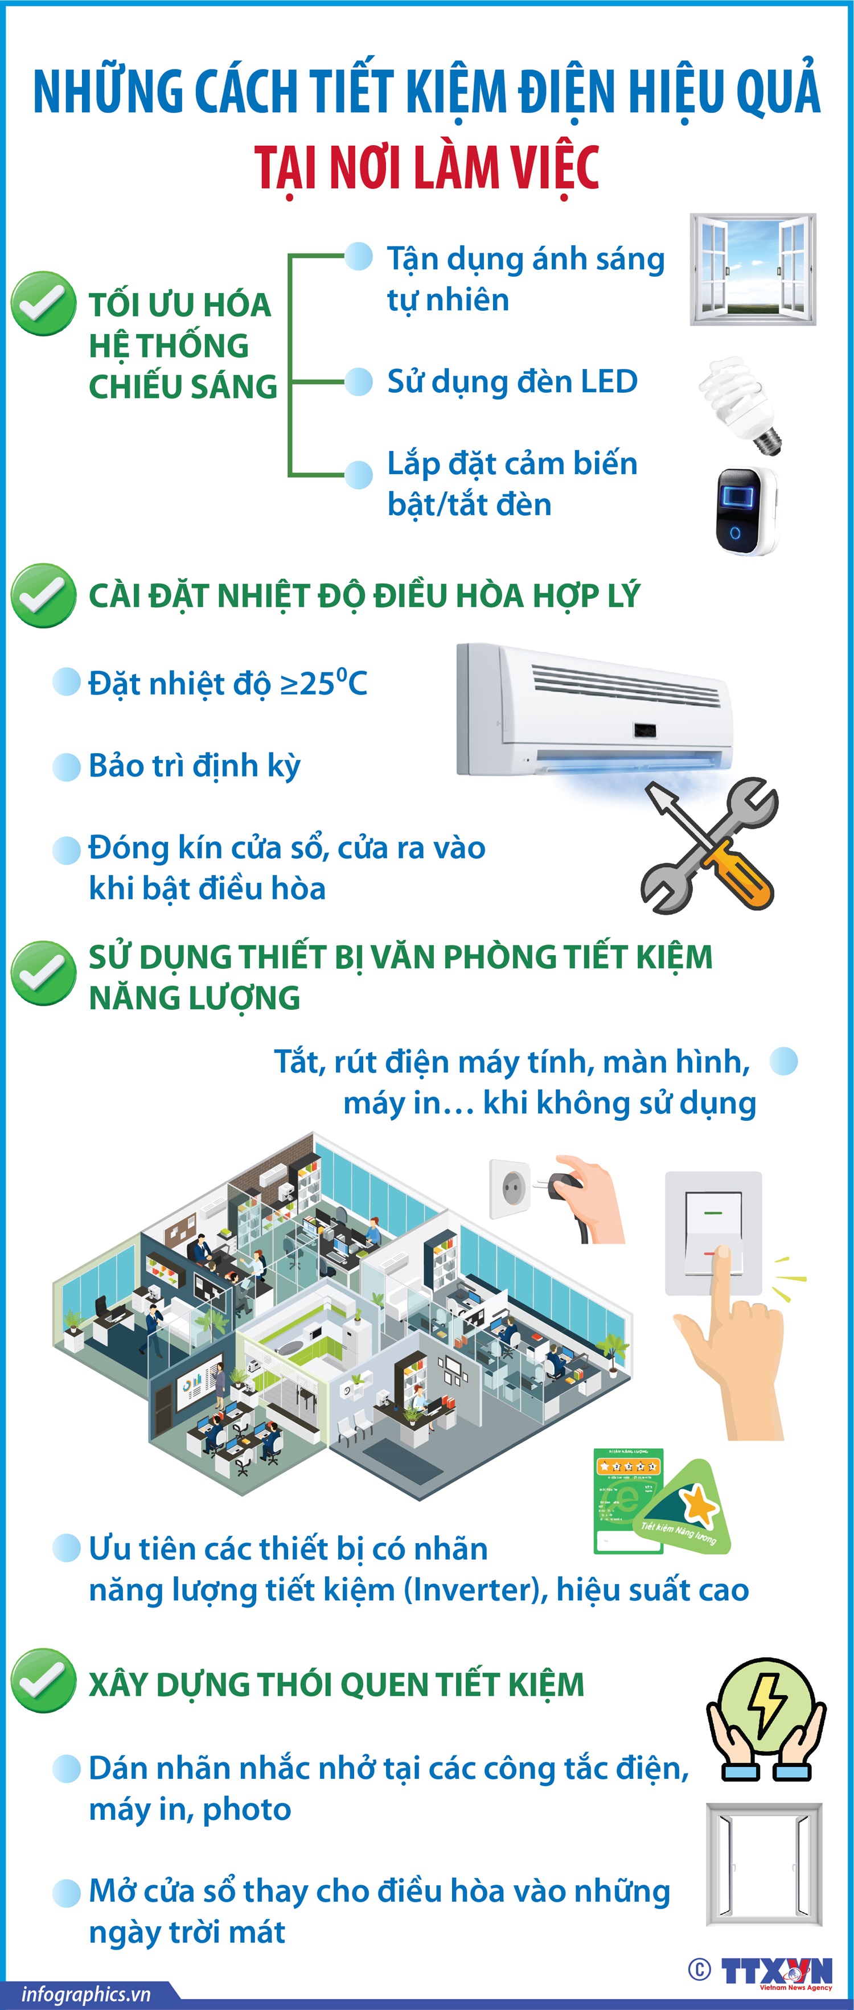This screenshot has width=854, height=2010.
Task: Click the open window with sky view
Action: (x=753, y=269)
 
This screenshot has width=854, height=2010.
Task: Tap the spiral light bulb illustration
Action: (x=740, y=404)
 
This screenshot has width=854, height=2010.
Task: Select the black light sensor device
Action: (x=745, y=511)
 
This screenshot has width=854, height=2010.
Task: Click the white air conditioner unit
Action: (x=594, y=710)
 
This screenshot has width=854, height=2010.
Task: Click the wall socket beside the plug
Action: (x=509, y=1189)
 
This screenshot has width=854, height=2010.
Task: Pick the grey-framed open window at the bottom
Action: (x=763, y=1865)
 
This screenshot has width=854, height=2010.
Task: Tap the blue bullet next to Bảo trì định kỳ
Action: (x=67, y=766)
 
